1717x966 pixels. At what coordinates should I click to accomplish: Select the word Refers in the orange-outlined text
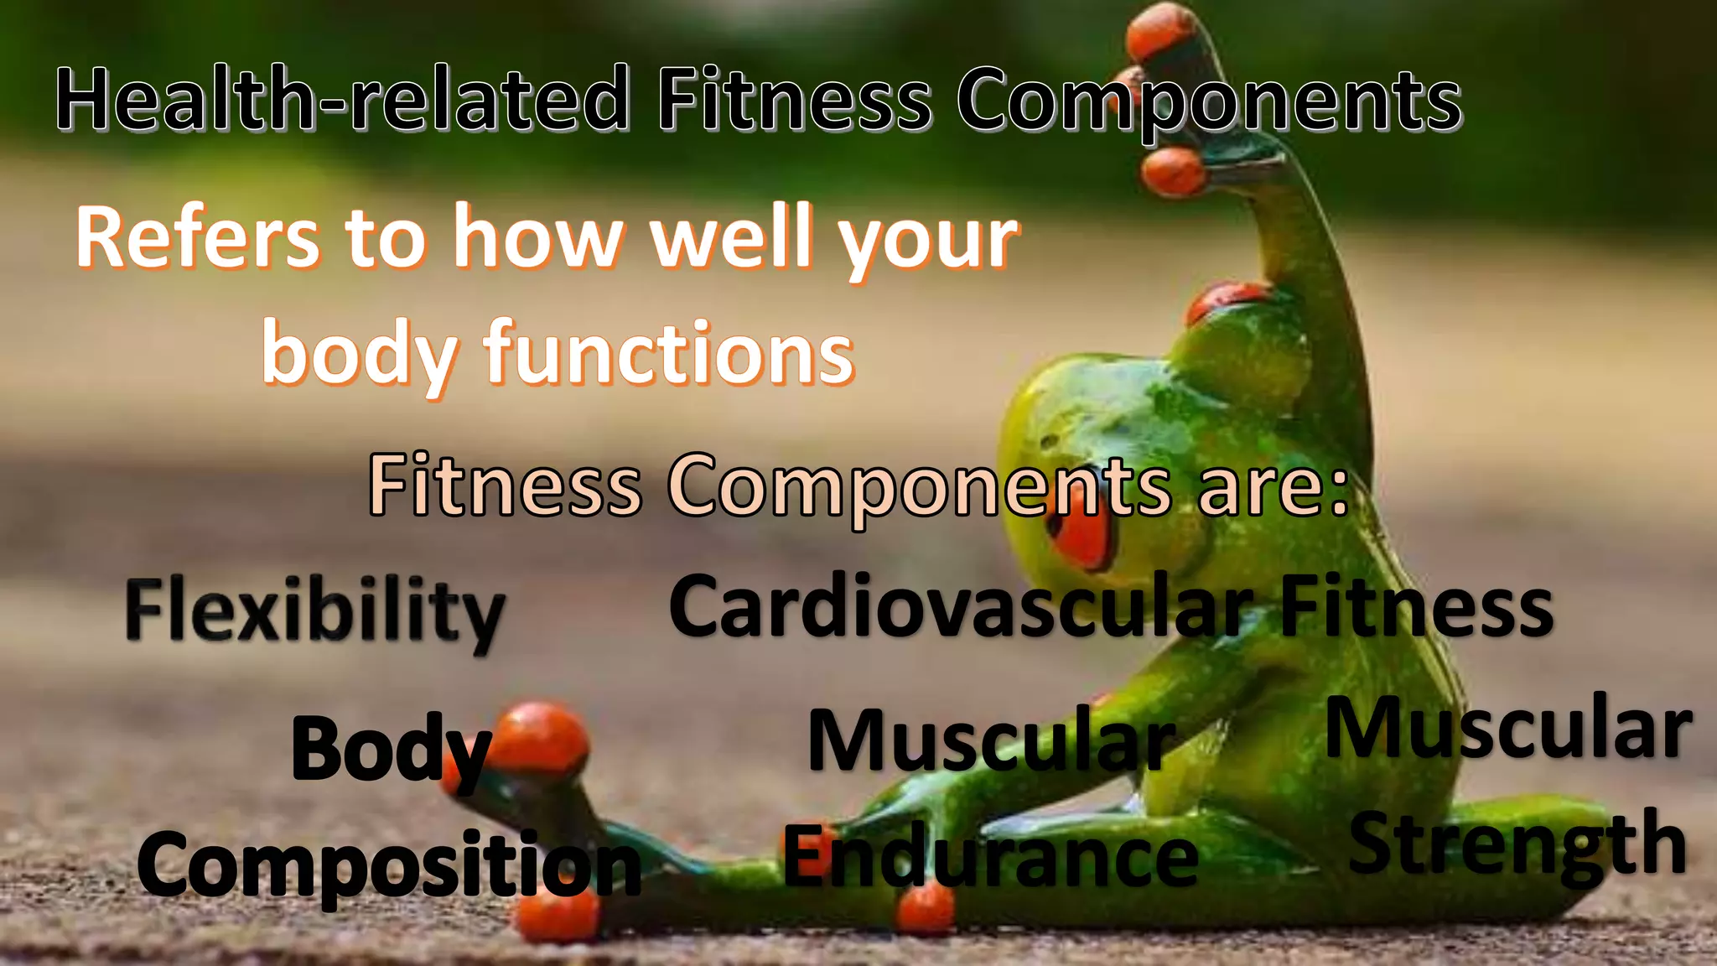pos(198,239)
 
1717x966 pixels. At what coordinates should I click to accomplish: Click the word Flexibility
pos(315,612)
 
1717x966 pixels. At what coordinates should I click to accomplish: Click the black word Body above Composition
pos(391,750)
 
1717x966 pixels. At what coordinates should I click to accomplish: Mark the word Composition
pos(389,864)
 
